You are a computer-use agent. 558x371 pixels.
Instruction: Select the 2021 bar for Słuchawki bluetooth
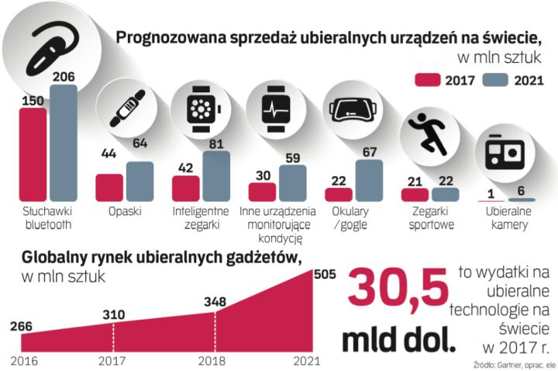click(x=64, y=143)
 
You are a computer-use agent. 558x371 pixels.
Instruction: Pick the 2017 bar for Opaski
click(x=109, y=187)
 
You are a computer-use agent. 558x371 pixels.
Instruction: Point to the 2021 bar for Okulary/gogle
click(x=369, y=180)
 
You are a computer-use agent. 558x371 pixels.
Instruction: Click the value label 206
click(x=64, y=75)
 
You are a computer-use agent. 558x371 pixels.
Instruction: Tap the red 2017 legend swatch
click(x=427, y=80)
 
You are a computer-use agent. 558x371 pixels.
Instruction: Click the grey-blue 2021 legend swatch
click(x=495, y=80)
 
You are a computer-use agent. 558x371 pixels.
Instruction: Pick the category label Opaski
click(x=123, y=210)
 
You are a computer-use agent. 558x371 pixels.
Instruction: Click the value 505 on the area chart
click(x=324, y=272)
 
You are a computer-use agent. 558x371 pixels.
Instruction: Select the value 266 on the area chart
click(x=21, y=325)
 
